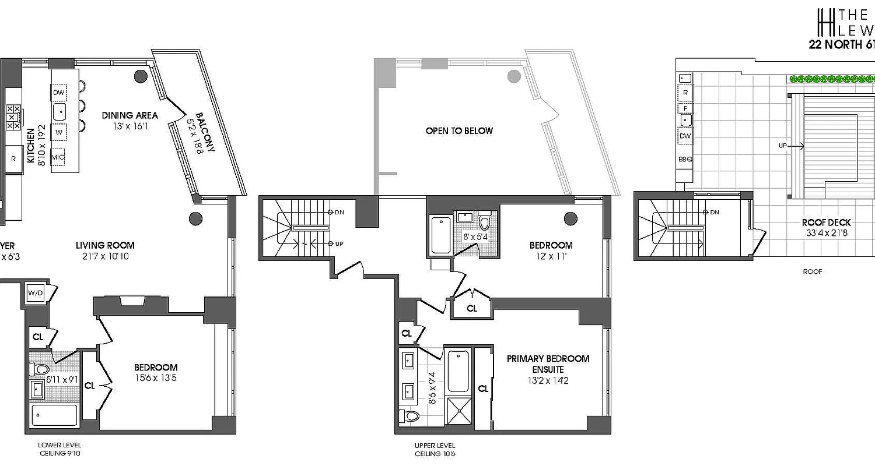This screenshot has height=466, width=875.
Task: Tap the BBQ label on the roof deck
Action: click(x=685, y=158)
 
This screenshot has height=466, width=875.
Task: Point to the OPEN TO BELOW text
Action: click(x=459, y=131)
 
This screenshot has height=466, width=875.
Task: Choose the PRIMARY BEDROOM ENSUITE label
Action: click(x=548, y=364)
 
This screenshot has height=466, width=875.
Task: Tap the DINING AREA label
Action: click(x=129, y=115)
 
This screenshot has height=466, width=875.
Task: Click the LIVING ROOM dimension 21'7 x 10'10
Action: click(x=105, y=257)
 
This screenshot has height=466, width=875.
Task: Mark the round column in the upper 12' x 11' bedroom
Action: click(x=570, y=218)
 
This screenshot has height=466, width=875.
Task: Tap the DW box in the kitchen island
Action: click(x=58, y=93)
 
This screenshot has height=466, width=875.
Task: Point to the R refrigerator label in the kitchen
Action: click(x=13, y=158)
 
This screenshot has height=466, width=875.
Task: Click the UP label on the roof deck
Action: click(x=782, y=146)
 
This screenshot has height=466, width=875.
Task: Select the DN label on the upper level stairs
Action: click(x=339, y=213)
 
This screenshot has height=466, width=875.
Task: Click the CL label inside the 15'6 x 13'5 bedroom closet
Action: click(x=90, y=386)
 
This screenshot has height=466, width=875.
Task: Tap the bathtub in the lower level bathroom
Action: click(x=54, y=415)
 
